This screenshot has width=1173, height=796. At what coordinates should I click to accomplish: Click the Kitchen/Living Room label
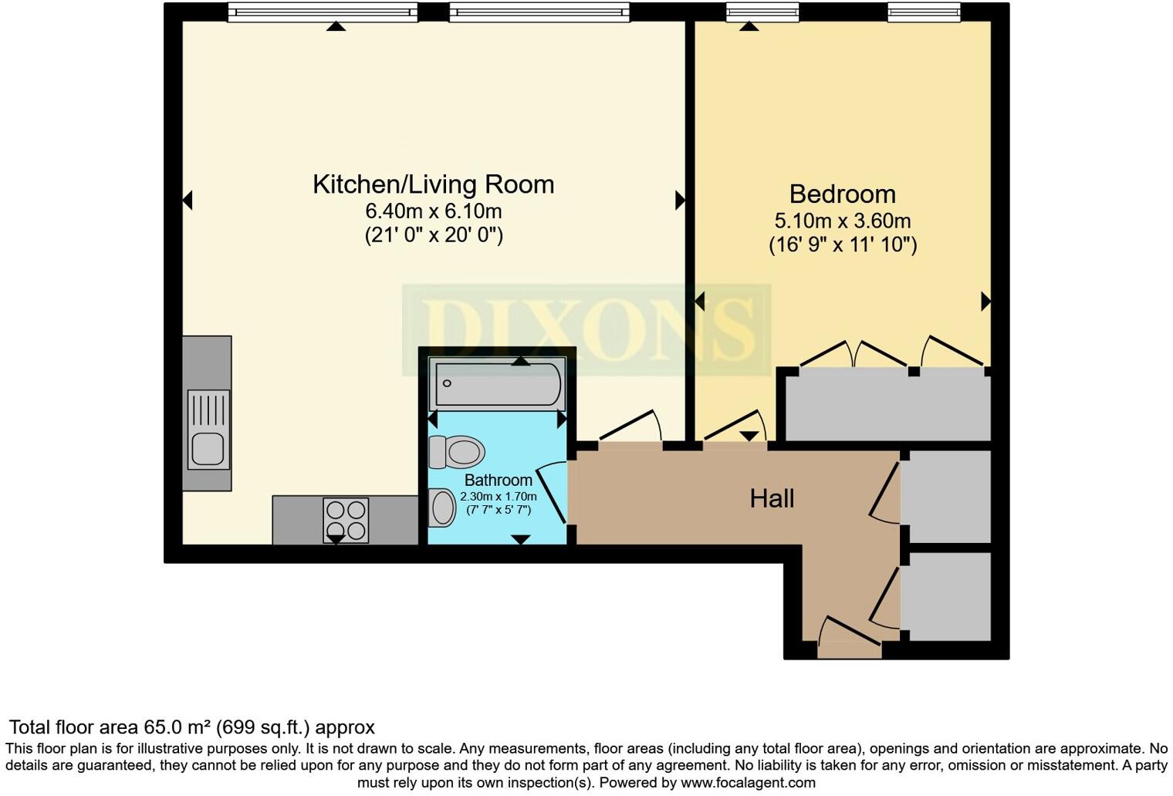pyautogui.click(x=433, y=185)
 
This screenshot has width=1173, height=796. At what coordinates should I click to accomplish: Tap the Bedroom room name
pyautogui.click(x=843, y=194)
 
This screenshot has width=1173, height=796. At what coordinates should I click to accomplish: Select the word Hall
pyautogui.click(x=772, y=499)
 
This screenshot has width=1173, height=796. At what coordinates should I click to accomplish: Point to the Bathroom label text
pyautogui.click(x=499, y=480)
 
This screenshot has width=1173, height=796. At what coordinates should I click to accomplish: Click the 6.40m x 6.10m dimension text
pyautogui.click(x=434, y=211)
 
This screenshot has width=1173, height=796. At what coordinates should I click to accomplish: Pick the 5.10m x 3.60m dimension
pyautogui.click(x=843, y=221)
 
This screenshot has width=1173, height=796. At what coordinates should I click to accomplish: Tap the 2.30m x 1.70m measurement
pyautogui.click(x=499, y=496)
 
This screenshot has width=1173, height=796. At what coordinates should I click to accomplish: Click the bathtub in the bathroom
pyautogui.click(x=497, y=384)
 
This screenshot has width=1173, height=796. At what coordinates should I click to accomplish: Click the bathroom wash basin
pyautogui.click(x=442, y=507)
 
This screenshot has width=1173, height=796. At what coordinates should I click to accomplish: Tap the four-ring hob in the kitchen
pyautogui.click(x=346, y=520)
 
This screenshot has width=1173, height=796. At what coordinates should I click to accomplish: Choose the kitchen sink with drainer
pyautogui.click(x=208, y=430)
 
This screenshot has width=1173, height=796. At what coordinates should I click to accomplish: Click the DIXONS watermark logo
pyautogui.click(x=586, y=329)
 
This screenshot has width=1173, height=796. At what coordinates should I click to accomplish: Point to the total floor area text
pyautogui.click(x=192, y=727)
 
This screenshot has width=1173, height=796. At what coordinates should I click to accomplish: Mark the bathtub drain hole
pyautogui.click(x=447, y=383)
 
